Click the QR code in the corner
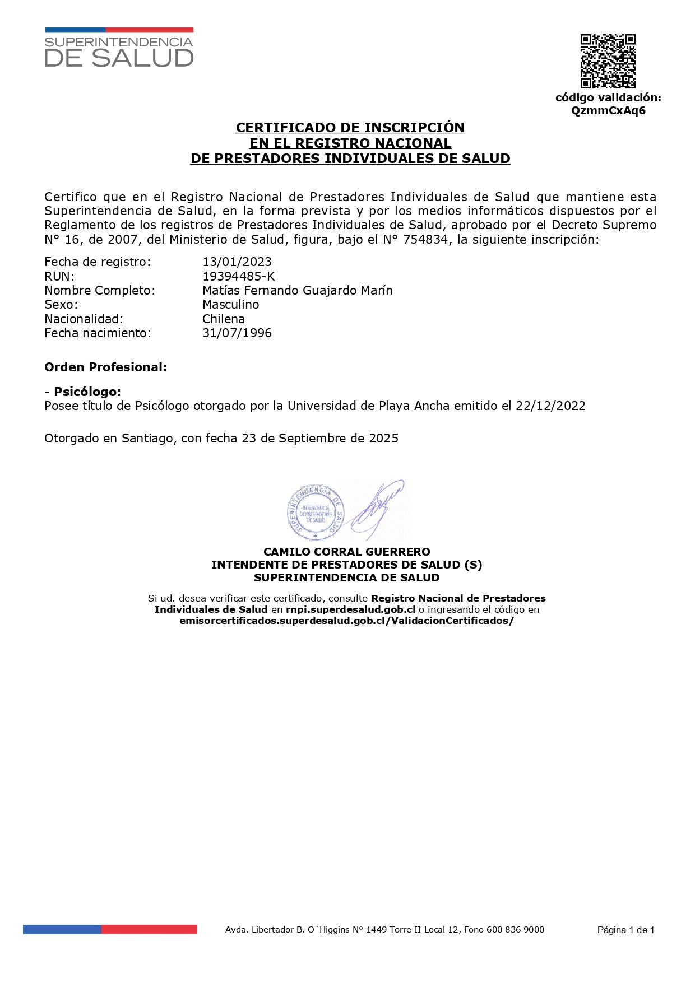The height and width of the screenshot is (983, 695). (608, 61)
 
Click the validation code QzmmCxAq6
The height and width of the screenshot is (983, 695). (608, 110)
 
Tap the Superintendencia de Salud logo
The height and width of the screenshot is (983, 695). (119, 48)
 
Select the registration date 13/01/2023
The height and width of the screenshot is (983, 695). (237, 262)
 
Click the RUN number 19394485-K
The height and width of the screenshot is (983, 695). (239, 276)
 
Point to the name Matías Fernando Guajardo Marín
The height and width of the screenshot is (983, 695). (298, 290)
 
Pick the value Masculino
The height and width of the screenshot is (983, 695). (231, 305)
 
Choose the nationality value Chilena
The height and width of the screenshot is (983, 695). (224, 319)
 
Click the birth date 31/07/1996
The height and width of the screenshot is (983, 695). (237, 333)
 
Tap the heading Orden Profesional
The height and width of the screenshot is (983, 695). (105, 367)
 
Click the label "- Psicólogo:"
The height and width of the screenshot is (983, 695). (82, 392)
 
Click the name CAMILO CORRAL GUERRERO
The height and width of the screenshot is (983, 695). (347, 552)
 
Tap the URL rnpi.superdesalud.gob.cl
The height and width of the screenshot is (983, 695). (350, 609)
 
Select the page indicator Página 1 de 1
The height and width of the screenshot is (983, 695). (625, 930)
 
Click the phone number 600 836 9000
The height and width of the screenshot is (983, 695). (515, 930)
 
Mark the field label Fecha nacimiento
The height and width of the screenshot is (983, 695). (98, 333)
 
